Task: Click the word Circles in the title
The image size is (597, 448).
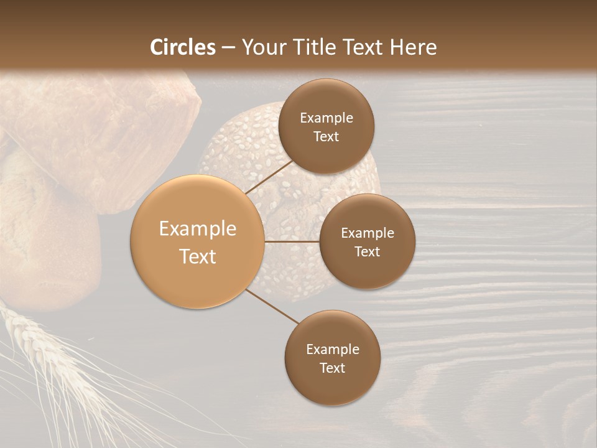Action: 183,47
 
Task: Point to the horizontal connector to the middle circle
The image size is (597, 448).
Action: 292,241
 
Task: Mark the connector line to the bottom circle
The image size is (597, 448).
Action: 272,306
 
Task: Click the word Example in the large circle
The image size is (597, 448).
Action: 198,229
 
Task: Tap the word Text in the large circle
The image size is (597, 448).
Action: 198,256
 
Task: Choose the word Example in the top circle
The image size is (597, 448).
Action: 326,118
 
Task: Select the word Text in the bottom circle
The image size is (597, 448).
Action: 332,368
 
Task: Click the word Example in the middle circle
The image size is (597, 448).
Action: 368,233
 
